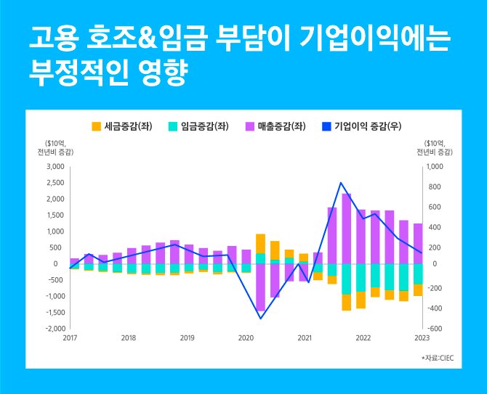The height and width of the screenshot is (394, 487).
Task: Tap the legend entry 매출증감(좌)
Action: pyautogui.click(x=275, y=126)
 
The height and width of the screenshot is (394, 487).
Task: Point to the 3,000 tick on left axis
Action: pyautogui.click(x=56, y=167)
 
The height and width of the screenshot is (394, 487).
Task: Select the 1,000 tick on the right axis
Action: pyautogui.click(x=433, y=167)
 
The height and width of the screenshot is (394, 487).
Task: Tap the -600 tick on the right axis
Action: pyautogui.click(x=432, y=329)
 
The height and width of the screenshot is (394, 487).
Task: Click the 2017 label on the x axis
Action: pyautogui.click(x=71, y=338)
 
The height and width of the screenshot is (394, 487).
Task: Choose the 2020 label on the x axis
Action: pyautogui.click(x=246, y=338)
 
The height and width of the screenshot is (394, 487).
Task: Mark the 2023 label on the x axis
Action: pyautogui.click(x=422, y=338)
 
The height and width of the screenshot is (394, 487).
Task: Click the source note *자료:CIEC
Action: pyautogui.click(x=436, y=358)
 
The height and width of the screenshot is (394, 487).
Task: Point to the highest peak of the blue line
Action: pyautogui.click(x=341, y=183)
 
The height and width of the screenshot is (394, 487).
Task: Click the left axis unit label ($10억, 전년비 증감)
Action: pyautogui.click(x=59, y=147)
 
